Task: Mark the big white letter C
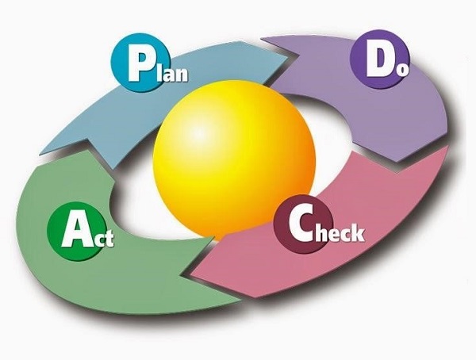(300, 227)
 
